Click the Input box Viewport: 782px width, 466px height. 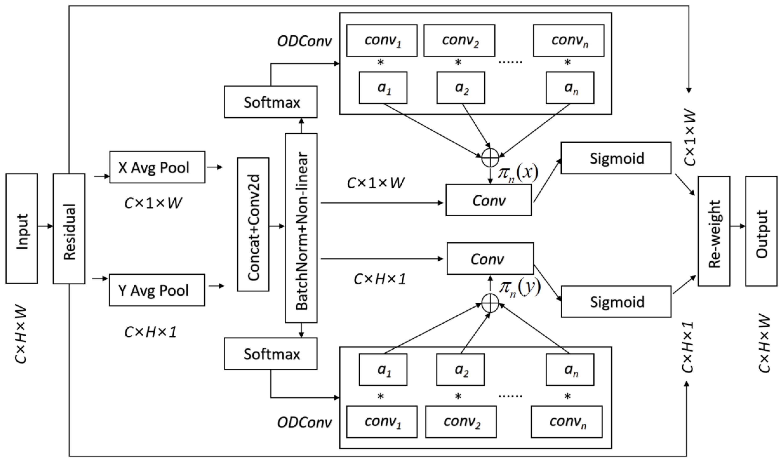pyautogui.click(x=22, y=229)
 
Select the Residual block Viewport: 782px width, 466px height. pyautogui.click(x=69, y=229)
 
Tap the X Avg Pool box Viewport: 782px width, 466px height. pyautogui.click(x=157, y=167)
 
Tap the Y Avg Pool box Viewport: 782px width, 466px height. pyautogui.click(x=157, y=290)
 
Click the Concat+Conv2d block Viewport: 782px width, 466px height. pyautogui.click(x=253, y=224)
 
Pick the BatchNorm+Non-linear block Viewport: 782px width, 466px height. pyautogui.click(x=301, y=228)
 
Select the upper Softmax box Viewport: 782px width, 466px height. pyautogui.click(x=271, y=102)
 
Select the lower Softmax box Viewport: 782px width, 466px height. pyautogui.click(x=271, y=354)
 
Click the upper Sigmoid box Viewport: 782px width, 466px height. pyautogui.click(x=616, y=158)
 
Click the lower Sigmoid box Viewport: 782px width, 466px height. pyautogui.click(x=616, y=301)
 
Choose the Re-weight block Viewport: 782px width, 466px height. pyautogui.click(x=714, y=231)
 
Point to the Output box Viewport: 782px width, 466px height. pyautogui.click(x=761, y=231)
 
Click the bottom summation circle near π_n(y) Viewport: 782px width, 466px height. pyautogui.click(x=490, y=303)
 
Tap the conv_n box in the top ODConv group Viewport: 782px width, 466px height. pyautogui.click(x=568, y=41)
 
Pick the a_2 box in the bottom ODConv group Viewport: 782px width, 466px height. pyautogui.click(x=460, y=370)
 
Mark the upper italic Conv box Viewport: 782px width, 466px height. pyautogui.click(x=489, y=200)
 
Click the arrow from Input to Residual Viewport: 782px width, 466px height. pyautogui.click(x=45, y=226)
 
